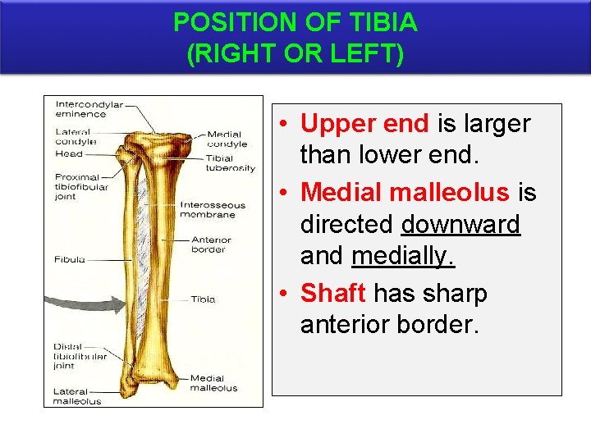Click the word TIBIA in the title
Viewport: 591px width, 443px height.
coord(384,22)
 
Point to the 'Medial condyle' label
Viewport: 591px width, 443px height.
coord(224,139)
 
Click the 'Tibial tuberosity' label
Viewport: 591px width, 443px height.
coord(231,162)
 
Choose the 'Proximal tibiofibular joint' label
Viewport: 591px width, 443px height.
coord(77,186)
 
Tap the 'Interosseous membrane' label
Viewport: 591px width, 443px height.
coord(213,209)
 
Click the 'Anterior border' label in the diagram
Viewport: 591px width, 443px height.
coord(211,244)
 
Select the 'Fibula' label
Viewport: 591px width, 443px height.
coord(70,259)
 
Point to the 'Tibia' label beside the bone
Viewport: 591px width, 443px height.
coord(203,299)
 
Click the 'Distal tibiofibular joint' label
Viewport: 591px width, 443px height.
coord(80,357)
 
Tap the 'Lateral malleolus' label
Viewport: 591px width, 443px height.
coord(77,396)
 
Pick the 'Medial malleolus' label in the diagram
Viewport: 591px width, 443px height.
coord(213,383)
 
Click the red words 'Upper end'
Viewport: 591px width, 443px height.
coord(364,124)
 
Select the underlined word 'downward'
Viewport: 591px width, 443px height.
coord(460,224)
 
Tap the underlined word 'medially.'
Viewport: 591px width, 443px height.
coord(402,257)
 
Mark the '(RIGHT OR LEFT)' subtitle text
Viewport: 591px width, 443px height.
coord(295,55)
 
